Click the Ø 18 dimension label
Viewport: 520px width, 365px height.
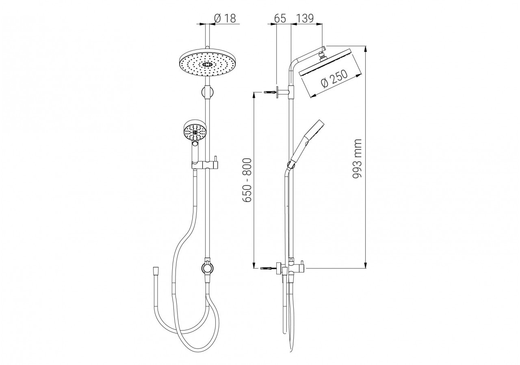[x=225, y=19]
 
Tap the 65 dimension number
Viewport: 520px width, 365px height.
[x=280, y=19]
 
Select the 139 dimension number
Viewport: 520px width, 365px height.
[x=305, y=19]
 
